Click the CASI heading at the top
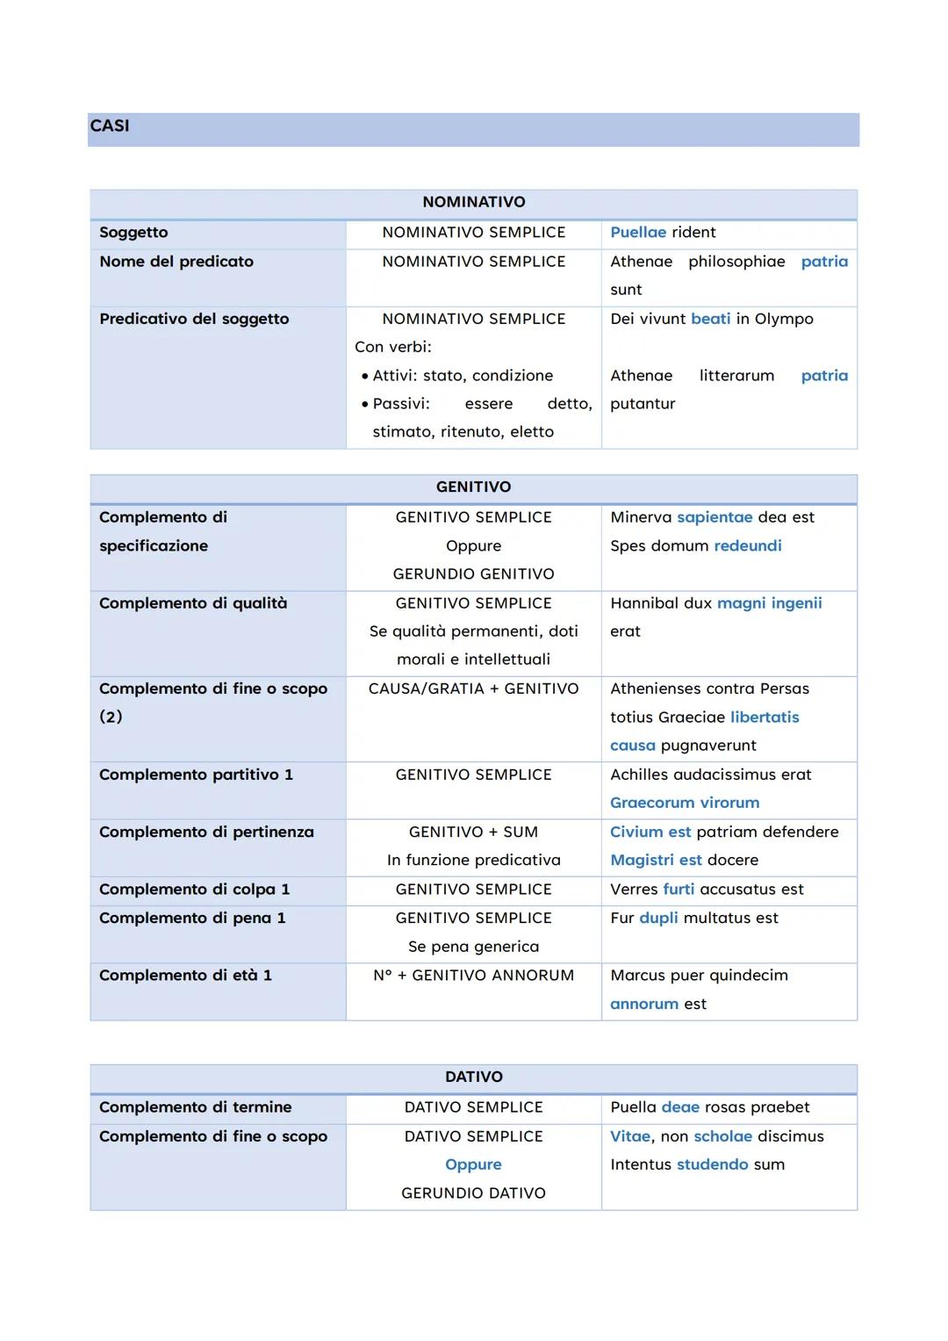pos(110,126)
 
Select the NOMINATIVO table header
pos(473,202)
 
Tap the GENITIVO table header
pos(473,487)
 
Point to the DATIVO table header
pos(473,1077)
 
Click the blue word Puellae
pos(638,232)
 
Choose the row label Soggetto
pos(133,232)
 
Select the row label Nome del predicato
pos(176,261)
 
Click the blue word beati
pos(710,319)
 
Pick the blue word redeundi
pos(747,545)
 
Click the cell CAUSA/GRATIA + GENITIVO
pos(473,689)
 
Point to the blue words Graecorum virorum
pos(685,803)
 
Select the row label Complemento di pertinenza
pos(206,832)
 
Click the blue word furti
pos(679,889)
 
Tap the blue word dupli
pos(658,918)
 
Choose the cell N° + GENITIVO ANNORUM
pos(473,975)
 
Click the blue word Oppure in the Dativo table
pos(473,1164)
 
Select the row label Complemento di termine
pos(195,1107)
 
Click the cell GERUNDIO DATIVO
pos(473,1193)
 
